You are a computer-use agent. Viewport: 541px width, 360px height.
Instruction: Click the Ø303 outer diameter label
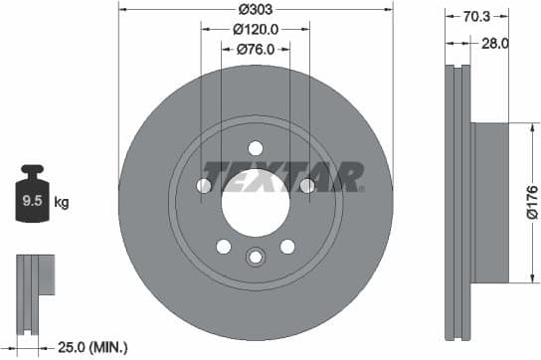256,11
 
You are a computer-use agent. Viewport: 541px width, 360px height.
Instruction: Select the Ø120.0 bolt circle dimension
256,30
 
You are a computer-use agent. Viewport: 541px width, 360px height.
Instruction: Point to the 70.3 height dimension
475,15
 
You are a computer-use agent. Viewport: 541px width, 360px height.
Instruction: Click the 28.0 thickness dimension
494,43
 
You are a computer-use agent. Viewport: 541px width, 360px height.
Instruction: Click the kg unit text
62,203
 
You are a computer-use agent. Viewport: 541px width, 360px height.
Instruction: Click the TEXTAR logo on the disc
283,177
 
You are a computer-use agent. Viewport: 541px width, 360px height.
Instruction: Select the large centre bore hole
256,203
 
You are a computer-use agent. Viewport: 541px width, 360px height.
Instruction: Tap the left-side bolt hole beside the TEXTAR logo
205,186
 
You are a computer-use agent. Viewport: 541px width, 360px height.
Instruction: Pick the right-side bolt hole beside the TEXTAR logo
306,186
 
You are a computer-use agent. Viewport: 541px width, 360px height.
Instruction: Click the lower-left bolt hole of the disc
224,247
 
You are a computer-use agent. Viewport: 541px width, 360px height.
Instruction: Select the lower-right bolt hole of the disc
287,247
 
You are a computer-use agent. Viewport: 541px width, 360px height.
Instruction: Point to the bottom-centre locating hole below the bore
256,259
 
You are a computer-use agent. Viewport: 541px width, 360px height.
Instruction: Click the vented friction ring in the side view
457,203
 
